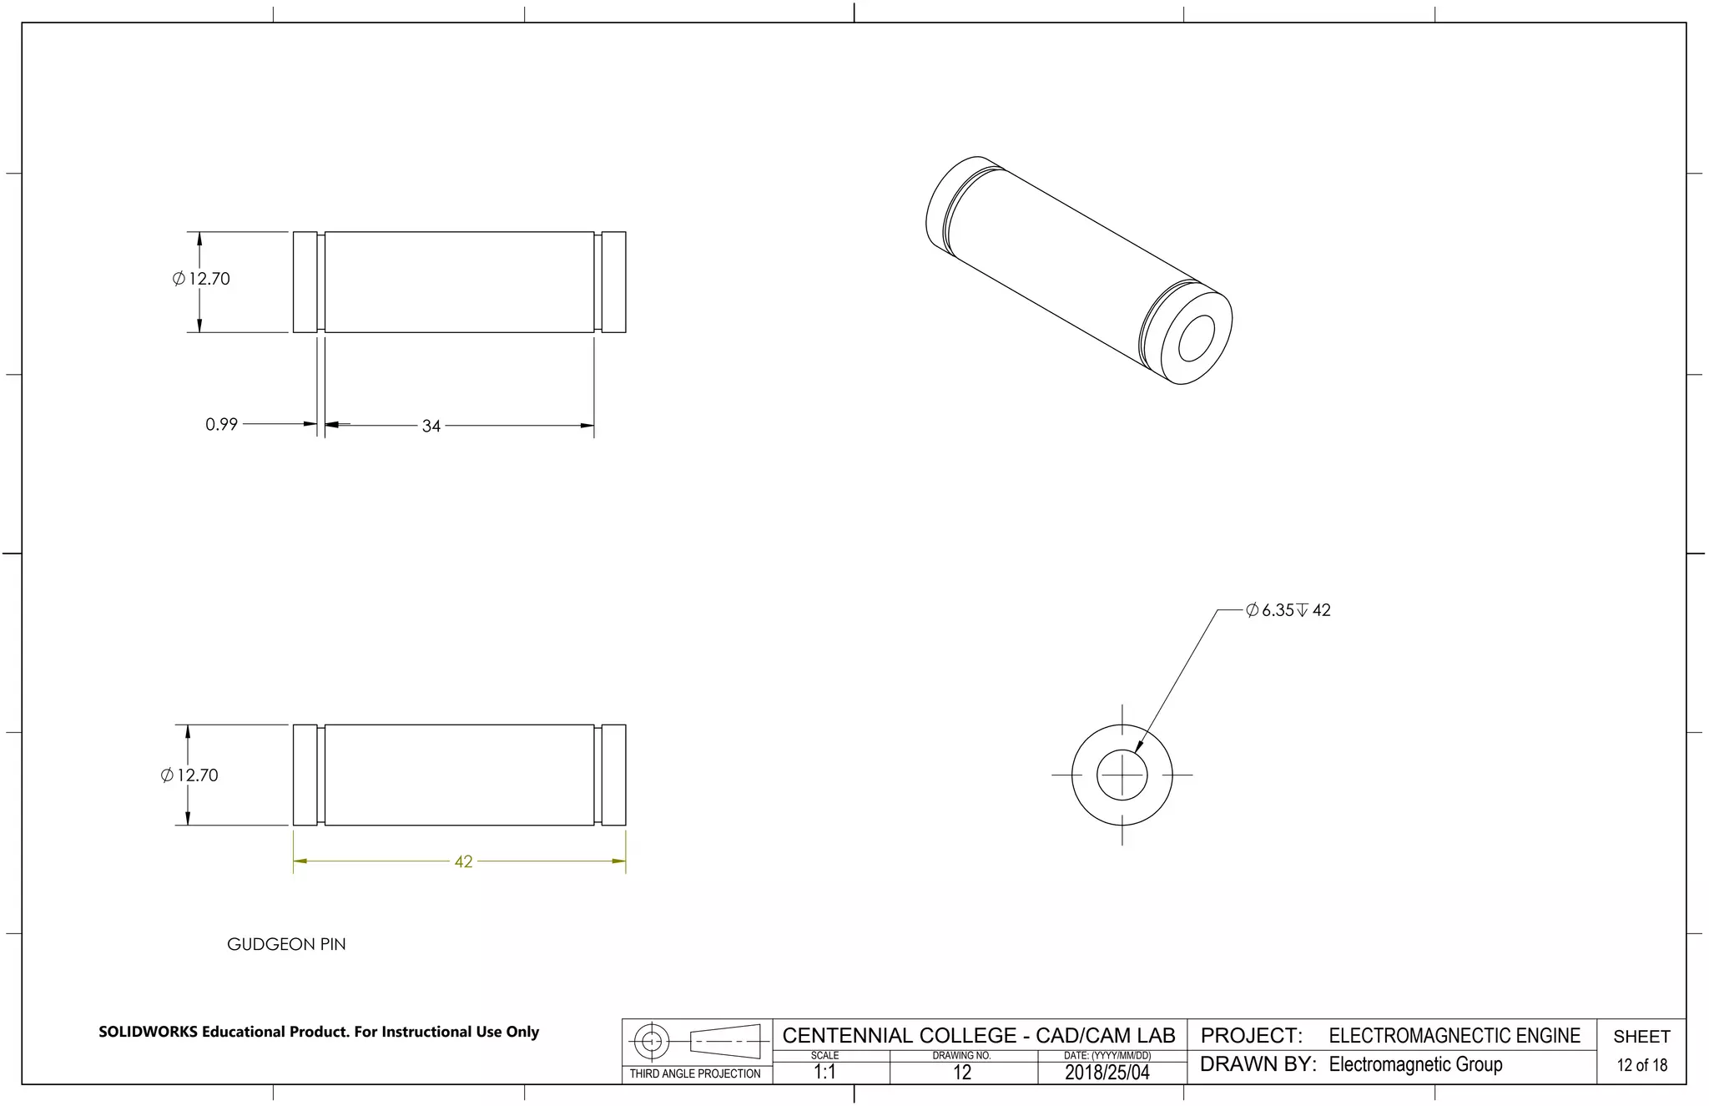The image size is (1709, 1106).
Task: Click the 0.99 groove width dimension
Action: tap(221, 424)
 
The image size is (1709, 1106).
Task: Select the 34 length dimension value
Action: tap(431, 426)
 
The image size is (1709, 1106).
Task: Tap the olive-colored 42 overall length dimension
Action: tap(463, 861)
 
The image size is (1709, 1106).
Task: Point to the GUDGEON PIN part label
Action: tap(286, 944)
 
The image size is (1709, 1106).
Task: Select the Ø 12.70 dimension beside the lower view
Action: tap(189, 775)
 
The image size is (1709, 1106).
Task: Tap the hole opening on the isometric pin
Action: tap(1197, 337)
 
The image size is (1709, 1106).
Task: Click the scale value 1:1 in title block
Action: tap(824, 1072)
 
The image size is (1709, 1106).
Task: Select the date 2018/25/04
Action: tap(1107, 1073)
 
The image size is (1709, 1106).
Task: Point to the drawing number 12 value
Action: tap(961, 1073)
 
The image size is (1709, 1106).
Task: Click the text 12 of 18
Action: tap(1641, 1065)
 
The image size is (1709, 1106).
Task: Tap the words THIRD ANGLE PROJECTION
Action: tap(695, 1073)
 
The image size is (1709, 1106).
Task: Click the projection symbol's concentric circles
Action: tap(653, 1041)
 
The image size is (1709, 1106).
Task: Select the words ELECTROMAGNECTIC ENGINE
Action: tap(1454, 1036)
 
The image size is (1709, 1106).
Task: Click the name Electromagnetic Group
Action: tap(1415, 1064)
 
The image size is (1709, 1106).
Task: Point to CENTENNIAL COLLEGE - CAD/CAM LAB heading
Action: tap(978, 1036)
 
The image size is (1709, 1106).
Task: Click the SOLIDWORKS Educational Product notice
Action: tap(319, 1032)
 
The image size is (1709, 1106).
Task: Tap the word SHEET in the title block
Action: tap(1641, 1037)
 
